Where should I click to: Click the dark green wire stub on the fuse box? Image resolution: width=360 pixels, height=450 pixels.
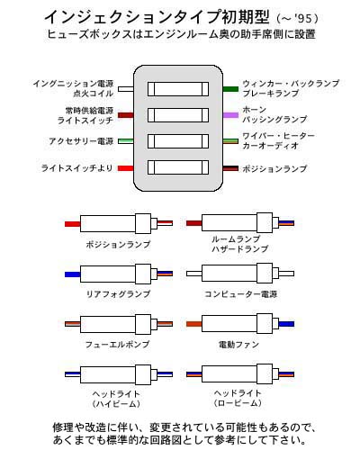coord(230,89)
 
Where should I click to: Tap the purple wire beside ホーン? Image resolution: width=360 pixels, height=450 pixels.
coord(230,115)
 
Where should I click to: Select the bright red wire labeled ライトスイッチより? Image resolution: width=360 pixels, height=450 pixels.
coord(126,168)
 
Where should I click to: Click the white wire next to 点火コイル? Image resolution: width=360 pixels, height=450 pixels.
coord(126,89)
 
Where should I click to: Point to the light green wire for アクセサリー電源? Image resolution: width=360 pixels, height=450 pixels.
coord(126,141)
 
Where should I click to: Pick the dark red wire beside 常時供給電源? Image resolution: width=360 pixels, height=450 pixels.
coord(126,115)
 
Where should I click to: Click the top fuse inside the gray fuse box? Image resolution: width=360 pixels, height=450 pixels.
coord(178,89)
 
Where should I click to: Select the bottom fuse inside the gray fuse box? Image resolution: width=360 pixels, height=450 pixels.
coord(178,167)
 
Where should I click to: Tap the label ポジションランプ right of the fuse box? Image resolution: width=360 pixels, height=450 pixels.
coord(274,168)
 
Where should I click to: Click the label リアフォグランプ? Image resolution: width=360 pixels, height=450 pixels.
coord(118,294)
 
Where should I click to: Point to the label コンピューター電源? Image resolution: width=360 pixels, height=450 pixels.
coord(240,294)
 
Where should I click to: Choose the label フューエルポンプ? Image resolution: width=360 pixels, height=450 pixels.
coord(117,344)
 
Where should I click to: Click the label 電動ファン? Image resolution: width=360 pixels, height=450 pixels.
coord(238,345)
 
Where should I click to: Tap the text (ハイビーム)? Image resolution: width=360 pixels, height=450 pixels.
coord(116,404)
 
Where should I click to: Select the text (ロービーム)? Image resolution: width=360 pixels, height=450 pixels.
coord(238,403)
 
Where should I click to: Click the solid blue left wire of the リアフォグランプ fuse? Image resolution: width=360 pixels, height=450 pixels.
coord(73,274)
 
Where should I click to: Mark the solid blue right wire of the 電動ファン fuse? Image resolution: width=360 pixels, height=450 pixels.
coord(286,324)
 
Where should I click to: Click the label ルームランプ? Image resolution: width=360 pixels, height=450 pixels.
coord(236,239)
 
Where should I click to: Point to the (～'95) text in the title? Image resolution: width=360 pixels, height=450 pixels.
coord(297,19)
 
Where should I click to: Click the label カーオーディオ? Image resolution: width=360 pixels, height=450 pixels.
coord(271,146)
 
